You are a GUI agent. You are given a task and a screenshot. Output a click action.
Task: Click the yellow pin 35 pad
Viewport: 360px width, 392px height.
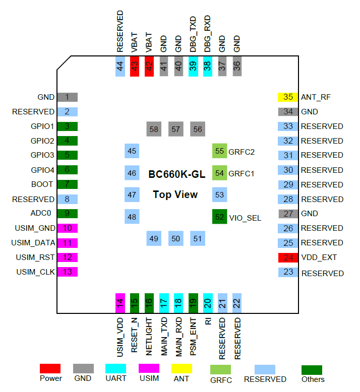pyautogui.click(x=288, y=97)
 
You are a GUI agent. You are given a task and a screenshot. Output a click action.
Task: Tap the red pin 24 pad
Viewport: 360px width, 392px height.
pyautogui.click(x=288, y=257)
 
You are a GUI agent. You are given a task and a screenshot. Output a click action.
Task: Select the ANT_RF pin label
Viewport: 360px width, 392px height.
pyautogui.click(x=315, y=97)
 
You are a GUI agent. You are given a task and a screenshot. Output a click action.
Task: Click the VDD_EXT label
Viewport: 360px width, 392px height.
pyautogui.click(x=319, y=257)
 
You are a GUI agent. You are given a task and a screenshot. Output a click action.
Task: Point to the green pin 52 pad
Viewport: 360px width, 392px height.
pyautogui.click(x=219, y=218)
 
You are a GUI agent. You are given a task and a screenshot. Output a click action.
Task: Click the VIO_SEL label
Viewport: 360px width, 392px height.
pyautogui.click(x=245, y=218)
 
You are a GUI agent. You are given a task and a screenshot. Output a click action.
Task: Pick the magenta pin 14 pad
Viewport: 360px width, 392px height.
pyautogui.click(x=120, y=303)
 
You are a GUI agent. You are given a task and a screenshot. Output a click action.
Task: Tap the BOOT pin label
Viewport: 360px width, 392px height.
pyautogui.click(x=42, y=184)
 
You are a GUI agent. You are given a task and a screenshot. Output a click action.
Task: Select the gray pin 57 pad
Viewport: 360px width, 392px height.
pyautogui.click(x=175, y=129)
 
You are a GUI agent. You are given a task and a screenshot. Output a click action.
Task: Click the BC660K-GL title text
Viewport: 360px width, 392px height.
pyautogui.click(x=176, y=174)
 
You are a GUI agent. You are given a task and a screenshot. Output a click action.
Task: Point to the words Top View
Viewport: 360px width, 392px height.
pyautogui.click(x=175, y=194)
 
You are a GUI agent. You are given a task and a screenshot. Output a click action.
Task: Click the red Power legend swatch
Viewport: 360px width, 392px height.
pyautogui.click(x=50, y=369)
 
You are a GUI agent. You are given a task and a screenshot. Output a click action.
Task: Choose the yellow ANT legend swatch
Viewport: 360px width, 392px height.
pyautogui.click(x=182, y=369)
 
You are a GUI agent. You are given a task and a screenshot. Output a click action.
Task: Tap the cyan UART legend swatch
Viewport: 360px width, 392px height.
pyautogui.click(x=116, y=369)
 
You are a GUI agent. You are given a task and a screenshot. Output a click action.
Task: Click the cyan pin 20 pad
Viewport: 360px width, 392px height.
pyautogui.click(x=208, y=303)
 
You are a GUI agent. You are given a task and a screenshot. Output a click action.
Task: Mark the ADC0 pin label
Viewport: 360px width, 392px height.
pyautogui.click(x=44, y=214)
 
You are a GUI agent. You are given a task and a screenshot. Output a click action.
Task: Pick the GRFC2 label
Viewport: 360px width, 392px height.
pyautogui.click(x=242, y=151)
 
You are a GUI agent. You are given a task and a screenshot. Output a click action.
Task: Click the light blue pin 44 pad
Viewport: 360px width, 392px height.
pyautogui.click(x=120, y=66)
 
